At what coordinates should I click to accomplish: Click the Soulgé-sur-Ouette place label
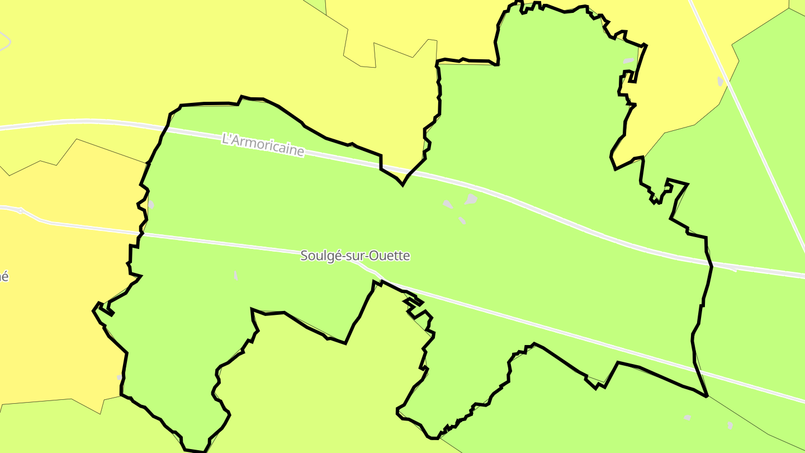(355, 256)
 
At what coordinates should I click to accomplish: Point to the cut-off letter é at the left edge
(4, 276)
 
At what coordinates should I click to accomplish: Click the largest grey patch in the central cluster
(471, 199)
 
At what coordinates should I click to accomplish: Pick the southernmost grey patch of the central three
(462, 220)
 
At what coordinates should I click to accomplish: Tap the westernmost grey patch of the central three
(448, 204)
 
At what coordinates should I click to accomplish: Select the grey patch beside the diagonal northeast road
(720, 82)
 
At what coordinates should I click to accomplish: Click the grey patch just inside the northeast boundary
(628, 60)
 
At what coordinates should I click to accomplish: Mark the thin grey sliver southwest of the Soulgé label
(236, 275)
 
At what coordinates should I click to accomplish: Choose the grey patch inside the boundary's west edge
(151, 205)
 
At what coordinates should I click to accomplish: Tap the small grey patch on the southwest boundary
(120, 377)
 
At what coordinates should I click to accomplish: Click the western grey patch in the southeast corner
(687, 417)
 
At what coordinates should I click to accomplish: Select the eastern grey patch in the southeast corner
(730, 426)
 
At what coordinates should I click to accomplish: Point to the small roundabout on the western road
(21, 211)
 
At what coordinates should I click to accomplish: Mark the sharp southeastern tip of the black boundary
(707, 396)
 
